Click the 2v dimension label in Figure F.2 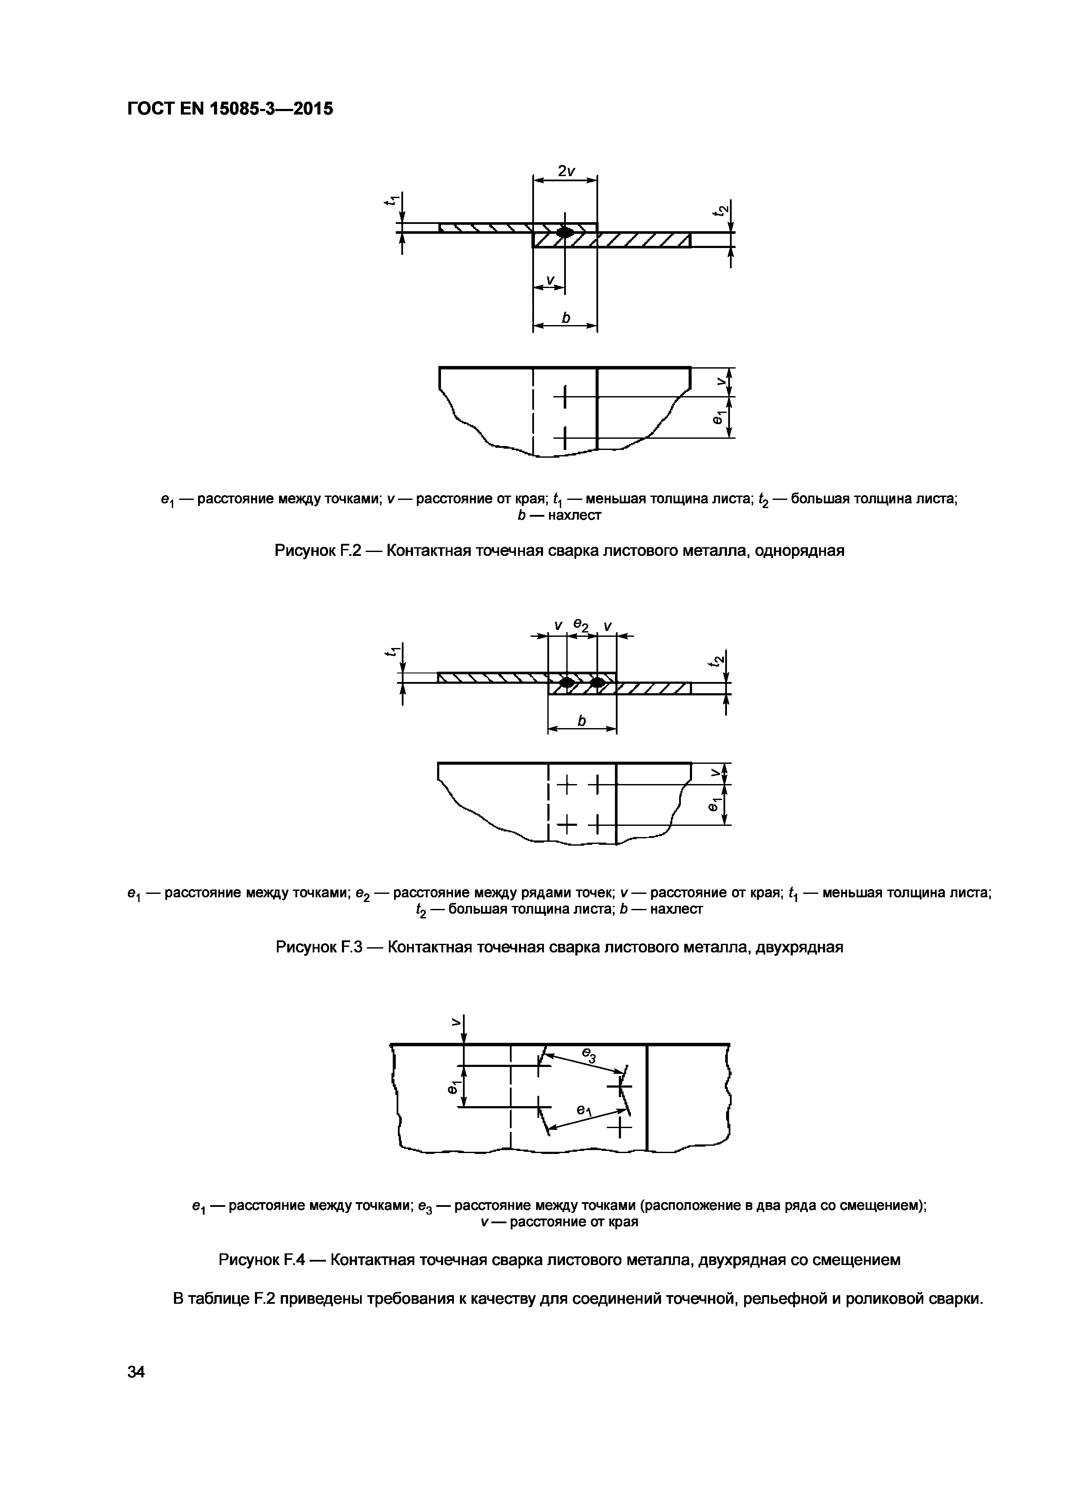pyautogui.click(x=565, y=171)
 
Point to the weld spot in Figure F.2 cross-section pyautogui.click(x=564, y=232)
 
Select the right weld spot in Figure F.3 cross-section pyautogui.click(x=596, y=682)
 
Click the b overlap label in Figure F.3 pyautogui.click(x=581, y=722)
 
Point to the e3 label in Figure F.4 pyautogui.click(x=589, y=1056)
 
